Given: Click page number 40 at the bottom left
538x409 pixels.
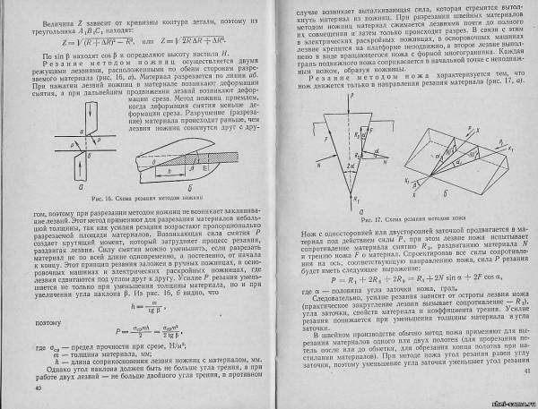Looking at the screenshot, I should pyautogui.click(x=38, y=389).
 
